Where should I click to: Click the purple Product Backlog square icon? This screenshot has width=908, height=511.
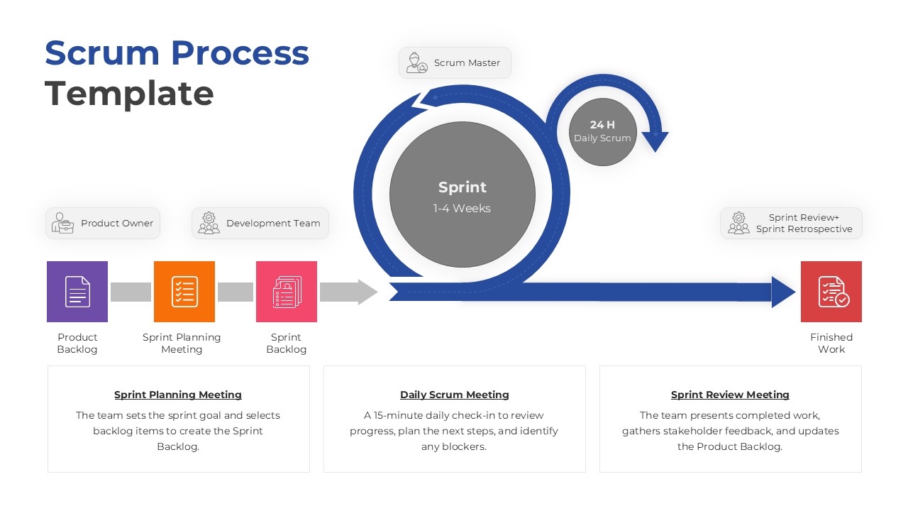tap(77, 292)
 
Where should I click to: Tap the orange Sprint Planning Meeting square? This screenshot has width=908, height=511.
tap(184, 292)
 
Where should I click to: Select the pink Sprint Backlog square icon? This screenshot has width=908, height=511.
tap(287, 292)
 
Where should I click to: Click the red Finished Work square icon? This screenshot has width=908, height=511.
tap(831, 292)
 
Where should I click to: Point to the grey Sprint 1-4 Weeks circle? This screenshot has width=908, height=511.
tap(463, 194)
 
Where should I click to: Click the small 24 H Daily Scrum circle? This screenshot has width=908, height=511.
tap(602, 132)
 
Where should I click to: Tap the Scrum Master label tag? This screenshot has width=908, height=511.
tap(455, 63)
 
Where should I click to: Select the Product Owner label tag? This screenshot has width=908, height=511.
tap(103, 224)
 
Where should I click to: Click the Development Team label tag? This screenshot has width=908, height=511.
tap(260, 224)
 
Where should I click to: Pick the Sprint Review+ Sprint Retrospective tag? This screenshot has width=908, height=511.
tap(791, 224)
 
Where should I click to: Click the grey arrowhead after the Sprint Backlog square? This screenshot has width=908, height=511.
tap(368, 292)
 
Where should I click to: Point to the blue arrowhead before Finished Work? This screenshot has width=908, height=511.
tap(783, 292)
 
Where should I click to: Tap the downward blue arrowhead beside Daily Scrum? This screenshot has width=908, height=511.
tap(655, 141)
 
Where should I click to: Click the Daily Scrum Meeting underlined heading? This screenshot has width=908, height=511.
tap(455, 395)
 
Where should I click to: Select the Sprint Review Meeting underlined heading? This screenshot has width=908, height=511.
tap(730, 395)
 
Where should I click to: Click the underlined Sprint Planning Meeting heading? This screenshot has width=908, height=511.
tap(178, 395)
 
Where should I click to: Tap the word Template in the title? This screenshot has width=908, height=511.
tap(129, 94)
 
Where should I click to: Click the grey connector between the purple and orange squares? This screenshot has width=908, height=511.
tap(131, 292)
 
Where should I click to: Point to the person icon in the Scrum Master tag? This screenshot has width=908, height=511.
tap(416, 63)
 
